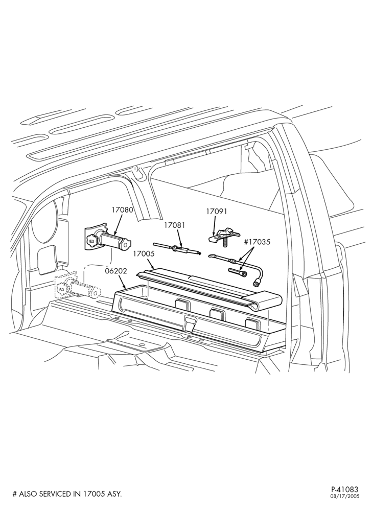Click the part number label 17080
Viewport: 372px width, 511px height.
(123, 210)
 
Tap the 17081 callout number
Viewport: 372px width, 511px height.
(175, 225)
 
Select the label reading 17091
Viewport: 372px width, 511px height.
(216, 212)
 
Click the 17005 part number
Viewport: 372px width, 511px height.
(144, 254)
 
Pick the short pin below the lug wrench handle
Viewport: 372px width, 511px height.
(236, 271)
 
